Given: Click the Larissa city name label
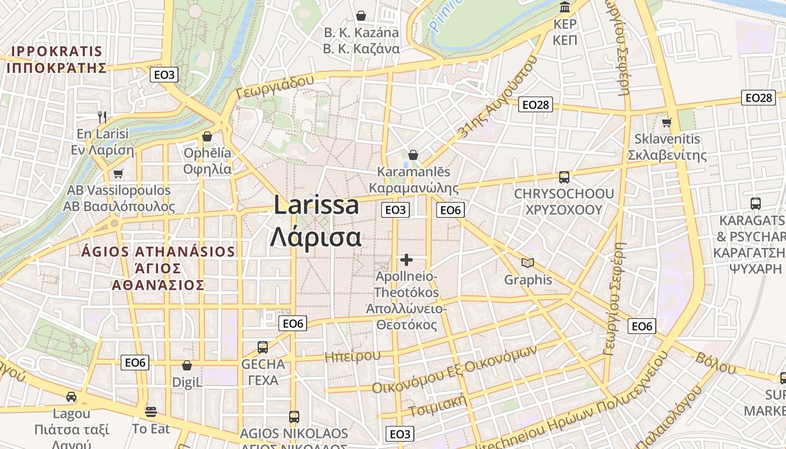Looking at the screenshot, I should pos(316,205).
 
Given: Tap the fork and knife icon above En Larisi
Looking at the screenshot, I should pos(102,117).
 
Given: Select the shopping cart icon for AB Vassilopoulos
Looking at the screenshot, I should pos(118,173).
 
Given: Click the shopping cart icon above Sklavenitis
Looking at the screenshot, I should pos(666,122).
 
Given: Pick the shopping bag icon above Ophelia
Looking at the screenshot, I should pos(207,136).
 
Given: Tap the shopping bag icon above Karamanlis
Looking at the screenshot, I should pos(413,155).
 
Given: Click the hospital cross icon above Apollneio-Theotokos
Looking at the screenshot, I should pos(406,260).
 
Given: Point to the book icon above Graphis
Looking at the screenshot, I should pos(527,263).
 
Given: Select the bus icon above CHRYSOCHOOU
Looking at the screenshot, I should pos(564,177).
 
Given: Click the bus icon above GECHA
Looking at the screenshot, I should pos(263,347).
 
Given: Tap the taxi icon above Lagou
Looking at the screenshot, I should pos(71,397).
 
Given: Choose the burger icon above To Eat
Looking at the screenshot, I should pos(150,412).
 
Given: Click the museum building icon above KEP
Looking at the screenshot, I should pos(565,8).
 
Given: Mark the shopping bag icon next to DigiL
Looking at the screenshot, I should pos(187,366).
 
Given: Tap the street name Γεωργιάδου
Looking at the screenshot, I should pos(275,88).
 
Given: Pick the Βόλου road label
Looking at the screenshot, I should pos(715,363).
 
